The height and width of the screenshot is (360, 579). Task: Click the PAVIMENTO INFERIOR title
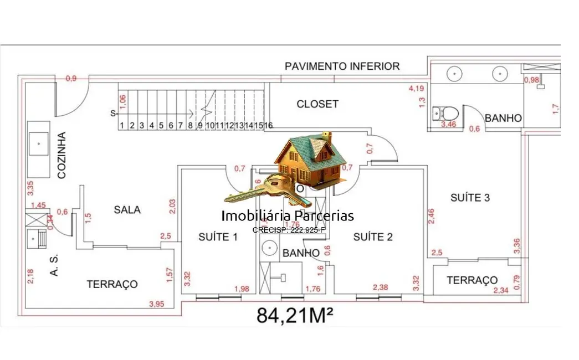tap(342, 66)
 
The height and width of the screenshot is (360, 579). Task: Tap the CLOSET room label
tap(317, 104)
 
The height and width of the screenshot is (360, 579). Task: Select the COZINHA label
tap(62, 155)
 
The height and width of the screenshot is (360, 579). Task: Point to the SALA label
tap(127, 210)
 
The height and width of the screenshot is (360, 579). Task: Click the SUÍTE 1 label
tap(218, 237)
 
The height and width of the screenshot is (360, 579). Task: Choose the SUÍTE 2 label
tap(373, 237)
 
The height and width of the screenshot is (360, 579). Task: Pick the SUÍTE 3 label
tap(470, 198)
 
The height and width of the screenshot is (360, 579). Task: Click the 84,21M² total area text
tap(294, 315)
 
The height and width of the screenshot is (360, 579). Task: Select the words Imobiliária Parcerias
tap(287, 216)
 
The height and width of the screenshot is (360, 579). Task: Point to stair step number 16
tap(268, 126)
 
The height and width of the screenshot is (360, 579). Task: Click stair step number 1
tap(121, 126)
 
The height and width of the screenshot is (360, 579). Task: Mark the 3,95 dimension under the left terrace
tap(157, 304)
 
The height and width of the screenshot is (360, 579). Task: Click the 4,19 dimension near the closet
tap(417, 88)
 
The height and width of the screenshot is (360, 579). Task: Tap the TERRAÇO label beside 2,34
tap(472, 280)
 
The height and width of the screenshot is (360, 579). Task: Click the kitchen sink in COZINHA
tap(38, 143)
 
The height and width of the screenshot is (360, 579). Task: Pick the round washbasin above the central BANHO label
tap(270, 248)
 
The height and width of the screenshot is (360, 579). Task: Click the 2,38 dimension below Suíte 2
tap(381, 287)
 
